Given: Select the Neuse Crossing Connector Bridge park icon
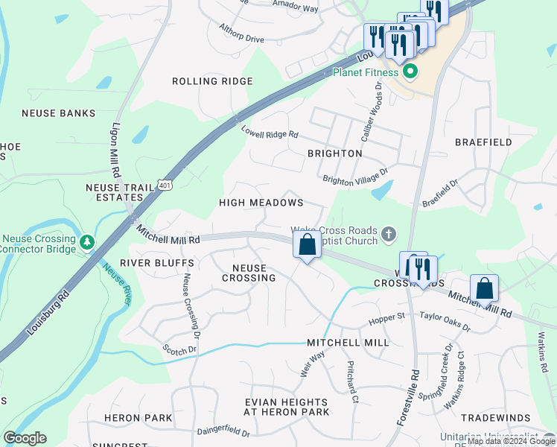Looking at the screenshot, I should click(88, 241).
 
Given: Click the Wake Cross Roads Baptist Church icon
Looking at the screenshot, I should click(388, 235).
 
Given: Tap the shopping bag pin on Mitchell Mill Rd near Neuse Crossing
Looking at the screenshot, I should click(307, 244).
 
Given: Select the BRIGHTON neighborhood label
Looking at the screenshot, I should click(334, 153).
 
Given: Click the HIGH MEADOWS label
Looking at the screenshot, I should click(261, 203).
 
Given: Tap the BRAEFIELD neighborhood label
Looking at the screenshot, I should click(484, 142).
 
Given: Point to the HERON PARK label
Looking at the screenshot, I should click(139, 418).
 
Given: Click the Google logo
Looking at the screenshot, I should click(25, 438).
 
